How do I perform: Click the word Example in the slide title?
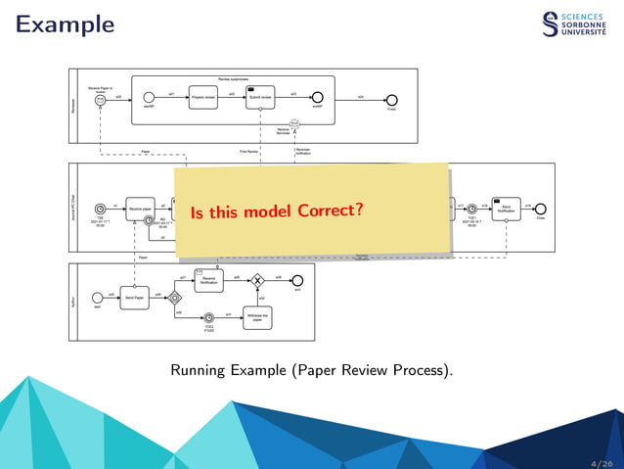66,23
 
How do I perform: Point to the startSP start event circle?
150,98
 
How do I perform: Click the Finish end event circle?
392,99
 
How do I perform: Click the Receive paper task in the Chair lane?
141,209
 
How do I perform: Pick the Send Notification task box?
507,209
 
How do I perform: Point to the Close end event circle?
541,209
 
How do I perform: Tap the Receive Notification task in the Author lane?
208,280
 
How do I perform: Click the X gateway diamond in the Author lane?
258,280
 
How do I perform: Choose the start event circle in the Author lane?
97,297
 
